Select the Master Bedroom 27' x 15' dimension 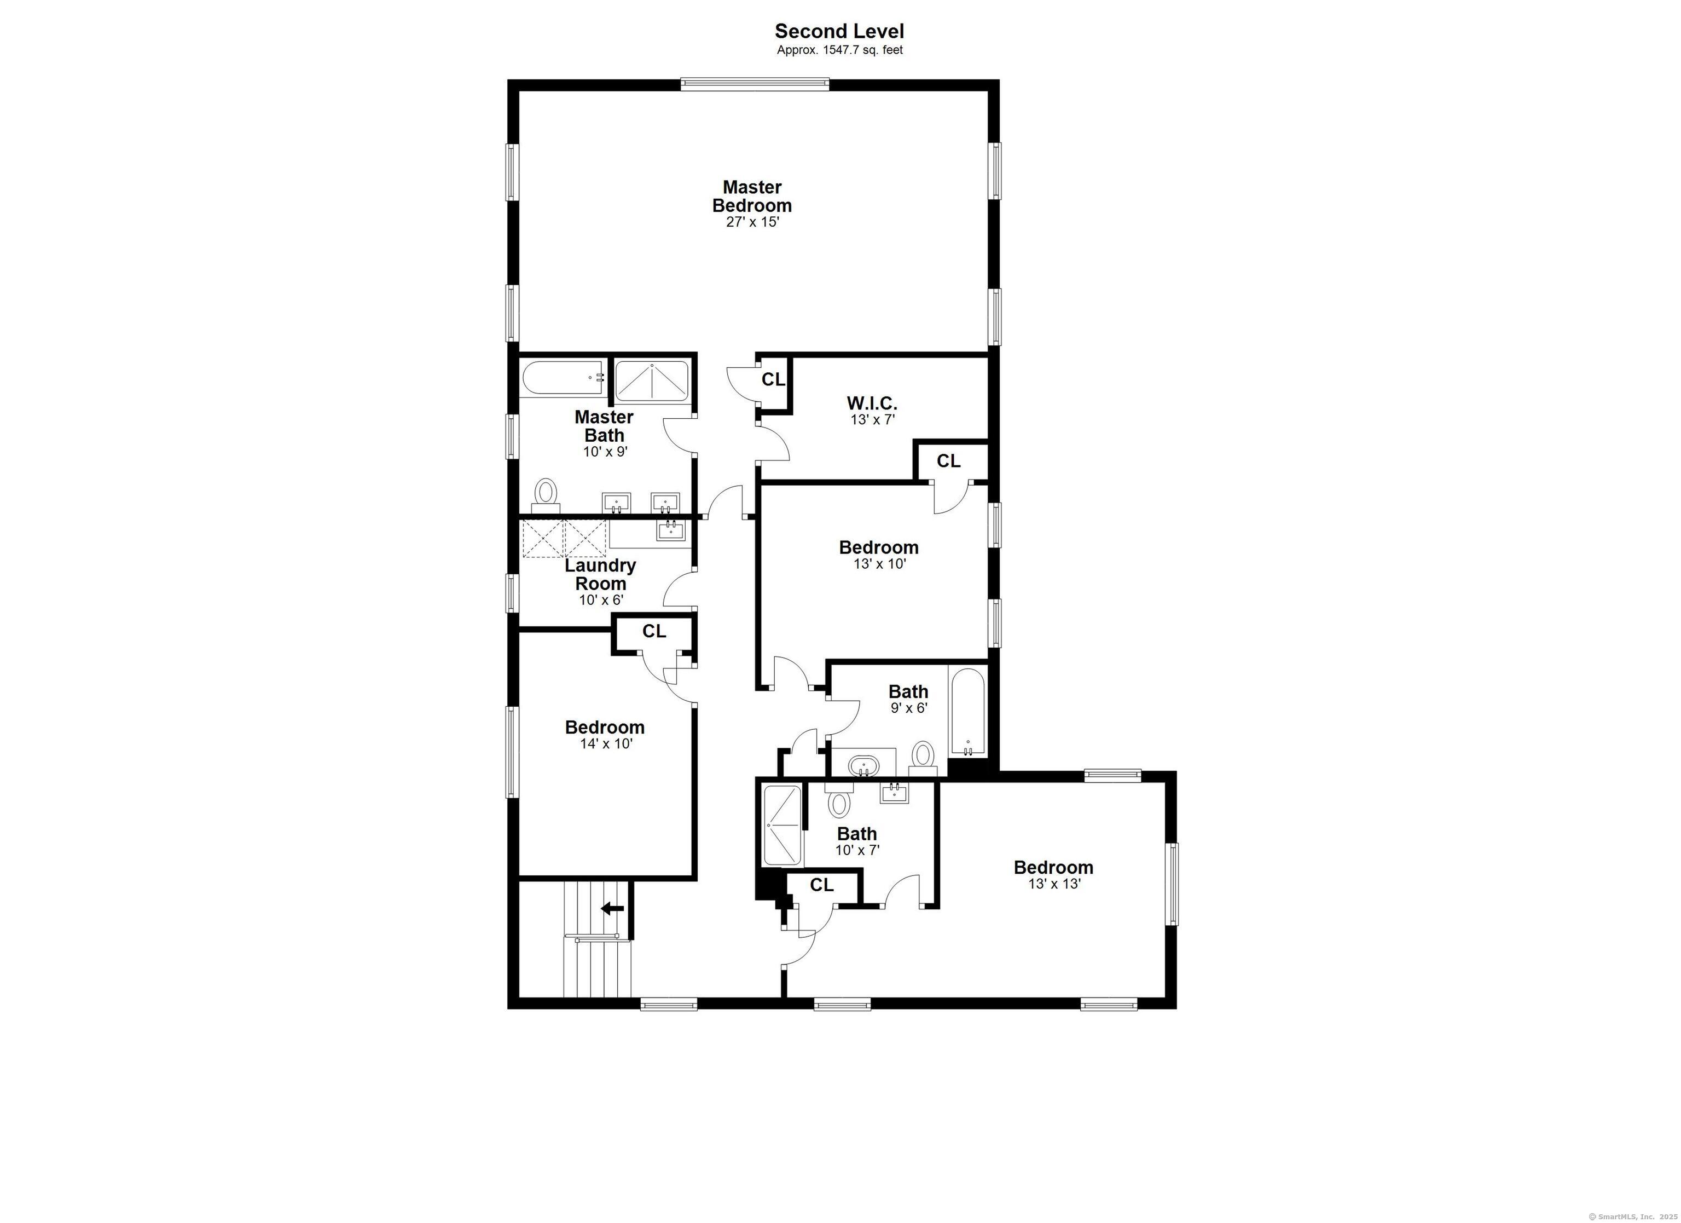click(752, 222)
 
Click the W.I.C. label click(872, 403)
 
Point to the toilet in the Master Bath click(546, 492)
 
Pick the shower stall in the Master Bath click(652, 381)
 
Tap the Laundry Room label click(600, 574)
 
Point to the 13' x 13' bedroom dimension click(1053, 884)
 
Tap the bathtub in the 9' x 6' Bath click(968, 713)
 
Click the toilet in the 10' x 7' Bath click(839, 803)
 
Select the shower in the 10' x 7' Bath click(782, 824)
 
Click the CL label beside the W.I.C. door click(773, 380)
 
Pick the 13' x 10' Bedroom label click(878, 547)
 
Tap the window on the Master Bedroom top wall click(755, 84)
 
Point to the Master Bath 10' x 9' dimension click(605, 452)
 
